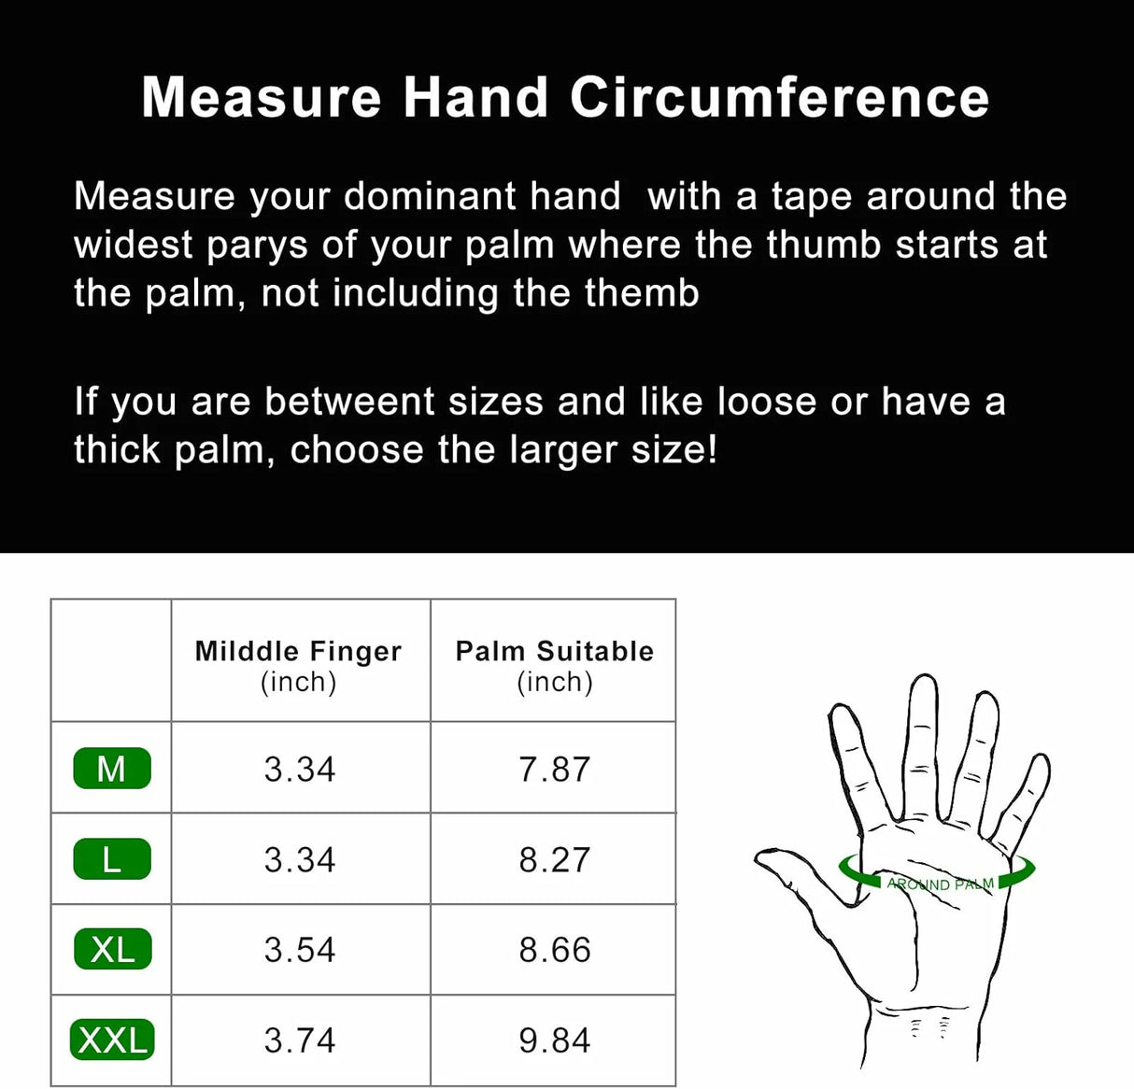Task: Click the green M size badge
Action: (112, 768)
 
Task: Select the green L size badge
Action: (112, 858)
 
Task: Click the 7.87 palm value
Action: (554, 769)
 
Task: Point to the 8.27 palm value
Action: (554, 859)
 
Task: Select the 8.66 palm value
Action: (554, 950)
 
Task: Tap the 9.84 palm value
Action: (554, 1040)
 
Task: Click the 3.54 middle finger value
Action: (300, 950)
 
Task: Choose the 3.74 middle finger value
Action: (300, 1040)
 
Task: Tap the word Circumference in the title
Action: (780, 97)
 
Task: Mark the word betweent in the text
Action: (349, 402)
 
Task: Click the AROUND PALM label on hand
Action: (940, 884)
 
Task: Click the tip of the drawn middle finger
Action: (923, 676)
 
